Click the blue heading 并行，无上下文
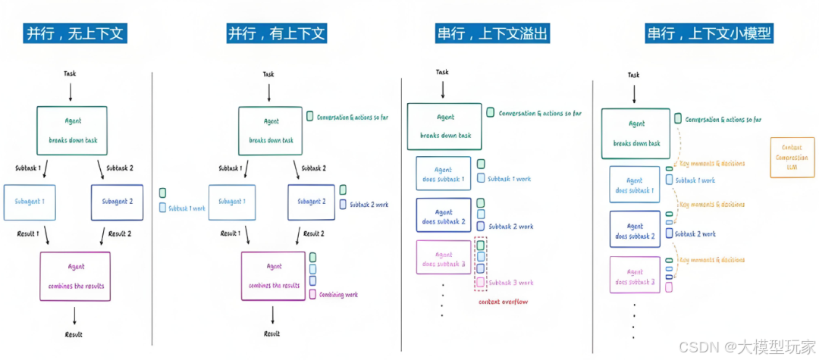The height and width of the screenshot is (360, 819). pos(75,34)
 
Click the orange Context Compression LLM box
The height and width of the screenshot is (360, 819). pos(792,158)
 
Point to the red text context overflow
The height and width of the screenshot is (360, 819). pos(504,302)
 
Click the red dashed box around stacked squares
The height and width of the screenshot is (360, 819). pos(481,264)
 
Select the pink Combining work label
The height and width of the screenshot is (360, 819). pos(338,295)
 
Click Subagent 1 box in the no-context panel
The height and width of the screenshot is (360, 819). pos(30,202)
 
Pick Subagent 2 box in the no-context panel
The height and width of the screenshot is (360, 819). pos(117,202)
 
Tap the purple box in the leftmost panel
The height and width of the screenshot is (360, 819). pos(75,275)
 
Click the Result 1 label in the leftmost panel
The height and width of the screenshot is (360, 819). pos(30,233)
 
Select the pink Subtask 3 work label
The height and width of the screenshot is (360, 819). pos(510,283)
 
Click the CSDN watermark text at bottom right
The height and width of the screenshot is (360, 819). pos(746,346)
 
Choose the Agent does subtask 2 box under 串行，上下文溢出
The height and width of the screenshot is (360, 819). pos(444,216)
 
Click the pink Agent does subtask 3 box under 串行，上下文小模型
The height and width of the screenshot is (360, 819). pos(635,276)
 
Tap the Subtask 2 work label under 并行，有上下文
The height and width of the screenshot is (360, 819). pos(370,205)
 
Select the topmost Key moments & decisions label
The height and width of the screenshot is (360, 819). pos(712,163)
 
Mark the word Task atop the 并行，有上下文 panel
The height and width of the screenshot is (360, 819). pos(269,74)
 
